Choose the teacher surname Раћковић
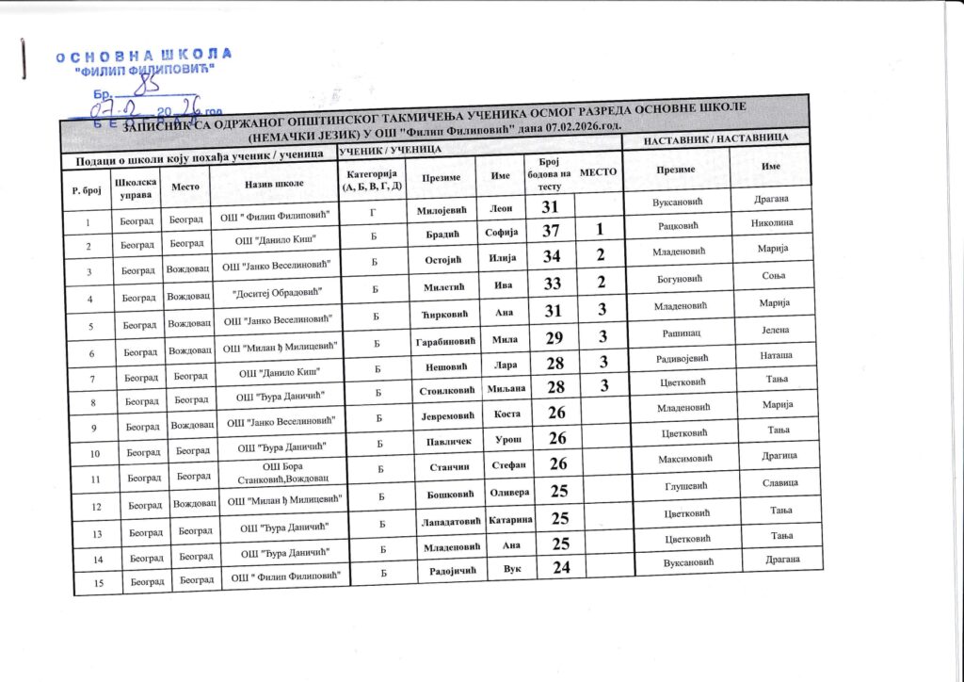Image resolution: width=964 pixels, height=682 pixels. [x=675, y=227]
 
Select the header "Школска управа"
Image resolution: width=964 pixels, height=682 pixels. [x=133, y=186]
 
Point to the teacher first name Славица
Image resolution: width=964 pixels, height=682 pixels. [x=780, y=483]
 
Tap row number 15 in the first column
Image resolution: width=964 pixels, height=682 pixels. [x=87, y=581]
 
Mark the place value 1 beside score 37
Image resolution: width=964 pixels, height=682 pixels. [x=599, y=232]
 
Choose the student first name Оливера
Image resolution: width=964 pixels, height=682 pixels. [x=512, y=492]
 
